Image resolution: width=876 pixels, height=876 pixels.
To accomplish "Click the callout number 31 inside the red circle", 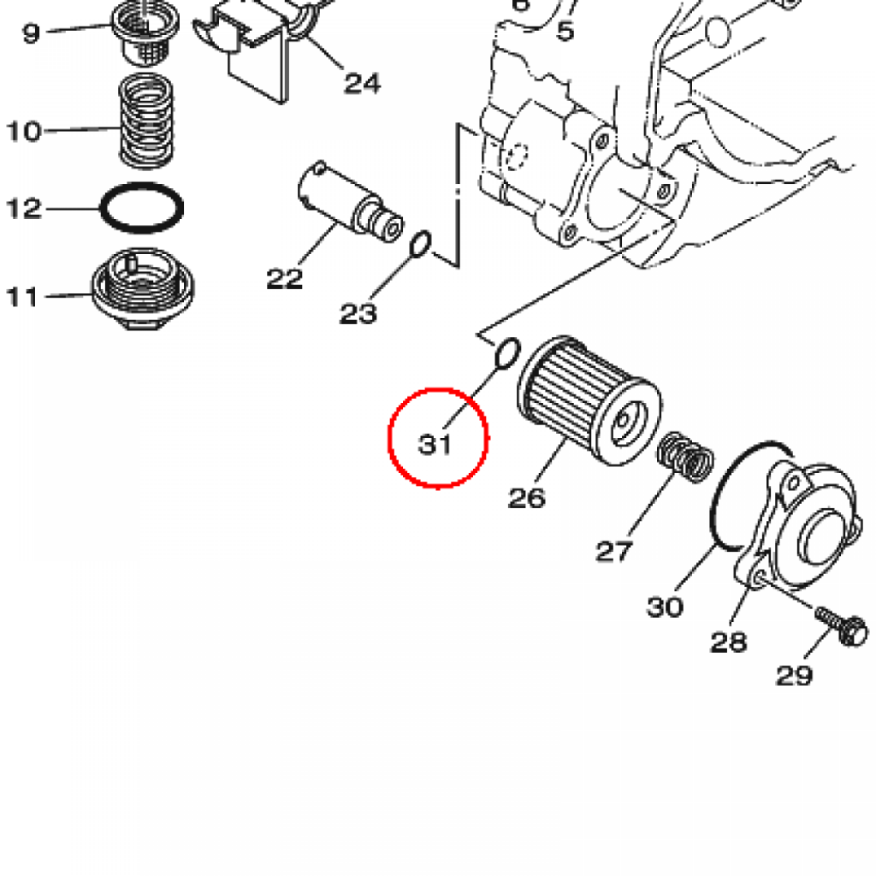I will [435, 445].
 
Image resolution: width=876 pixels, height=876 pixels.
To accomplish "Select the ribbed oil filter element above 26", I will [589, 401].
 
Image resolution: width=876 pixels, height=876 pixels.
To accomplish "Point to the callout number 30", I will [665, 607].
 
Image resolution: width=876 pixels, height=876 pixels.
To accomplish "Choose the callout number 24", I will [362, 83].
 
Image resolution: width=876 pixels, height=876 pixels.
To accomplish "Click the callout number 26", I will [527, 497].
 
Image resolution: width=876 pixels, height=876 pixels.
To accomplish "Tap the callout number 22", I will [284, 278].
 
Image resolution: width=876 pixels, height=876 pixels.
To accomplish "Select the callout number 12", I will [24, 209].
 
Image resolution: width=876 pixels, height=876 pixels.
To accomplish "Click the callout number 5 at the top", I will [565, 32].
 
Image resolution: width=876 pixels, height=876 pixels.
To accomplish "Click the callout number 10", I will [24, 132].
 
